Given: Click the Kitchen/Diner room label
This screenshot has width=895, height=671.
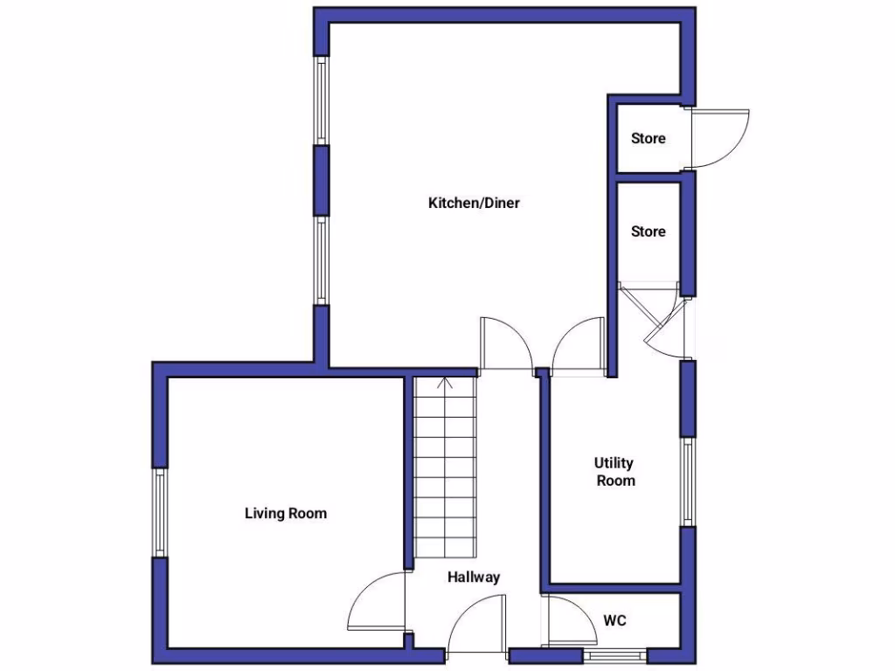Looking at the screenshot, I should (474, 204).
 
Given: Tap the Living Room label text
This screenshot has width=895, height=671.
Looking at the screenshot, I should (285, 513).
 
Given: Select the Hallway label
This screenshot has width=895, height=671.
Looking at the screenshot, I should (474, 578).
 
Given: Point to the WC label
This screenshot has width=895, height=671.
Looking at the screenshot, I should (615, 621).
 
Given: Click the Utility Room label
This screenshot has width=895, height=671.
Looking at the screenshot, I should (615, 472).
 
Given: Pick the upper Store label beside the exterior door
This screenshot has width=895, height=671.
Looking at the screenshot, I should (649, 138).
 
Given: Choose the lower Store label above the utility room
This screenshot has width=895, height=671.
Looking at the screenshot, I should (649, 232).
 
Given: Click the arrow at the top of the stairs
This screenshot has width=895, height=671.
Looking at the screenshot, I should (444, 382).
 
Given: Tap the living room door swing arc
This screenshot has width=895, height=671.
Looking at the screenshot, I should (374, 603).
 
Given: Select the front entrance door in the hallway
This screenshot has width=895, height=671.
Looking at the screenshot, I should (477, 624).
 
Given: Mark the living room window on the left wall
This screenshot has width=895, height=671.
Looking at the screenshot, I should (160, 513).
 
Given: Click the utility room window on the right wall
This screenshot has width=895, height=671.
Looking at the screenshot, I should (688, 481).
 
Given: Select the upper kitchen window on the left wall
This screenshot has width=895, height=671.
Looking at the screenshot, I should (322, 101).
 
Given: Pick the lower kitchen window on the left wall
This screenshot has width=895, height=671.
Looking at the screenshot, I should (322, 261).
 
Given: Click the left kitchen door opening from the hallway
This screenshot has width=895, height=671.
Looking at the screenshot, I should (506, 343).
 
